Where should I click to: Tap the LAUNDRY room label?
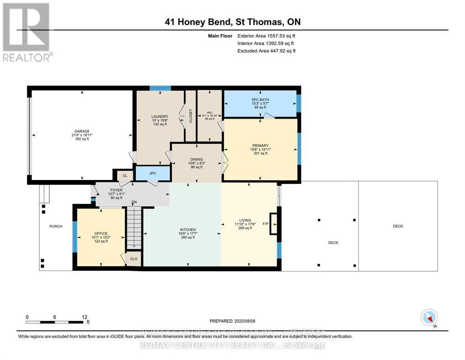159,117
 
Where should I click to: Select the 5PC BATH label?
260,99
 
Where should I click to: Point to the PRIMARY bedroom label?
260,145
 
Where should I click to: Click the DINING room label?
196,159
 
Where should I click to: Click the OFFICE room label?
101,233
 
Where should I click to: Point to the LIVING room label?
245,220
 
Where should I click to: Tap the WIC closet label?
209,112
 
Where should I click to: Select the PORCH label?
56,226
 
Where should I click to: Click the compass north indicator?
429,318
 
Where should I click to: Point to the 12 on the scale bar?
84,317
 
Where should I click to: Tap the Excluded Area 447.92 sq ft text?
266,51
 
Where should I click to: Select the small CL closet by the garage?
125,176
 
